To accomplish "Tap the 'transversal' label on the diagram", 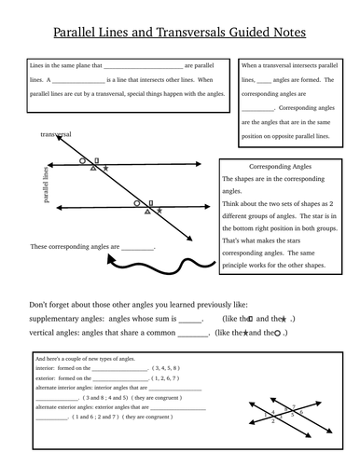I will tap(57, 135).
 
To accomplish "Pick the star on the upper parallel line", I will tap(105, 169).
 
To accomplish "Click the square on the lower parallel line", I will tap(150, 201).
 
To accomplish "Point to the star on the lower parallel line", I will tap(159, 212).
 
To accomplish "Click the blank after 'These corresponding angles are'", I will tap(137, 248).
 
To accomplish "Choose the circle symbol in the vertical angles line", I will tap(278, 333).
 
